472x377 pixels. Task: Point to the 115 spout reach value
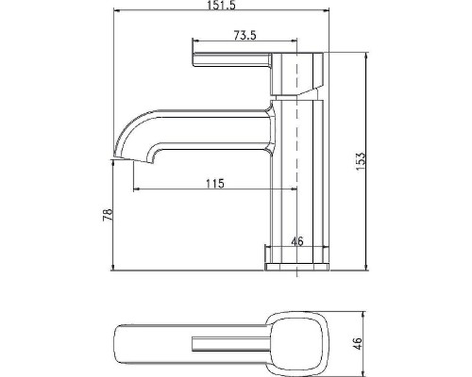point(214,183)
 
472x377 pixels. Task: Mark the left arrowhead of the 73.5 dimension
point(195,43)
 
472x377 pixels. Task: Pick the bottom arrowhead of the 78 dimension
point(114,268)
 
